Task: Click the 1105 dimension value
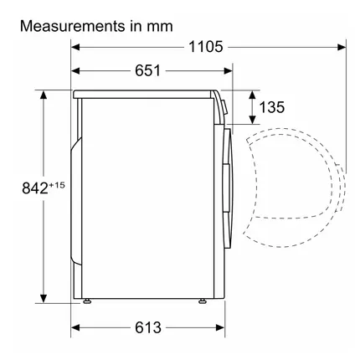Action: click(x=206, y=47)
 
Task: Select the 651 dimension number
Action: click(x=148, y=70)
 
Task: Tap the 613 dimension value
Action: click(x=148, y=327)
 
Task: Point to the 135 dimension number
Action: click(x=272, y=107)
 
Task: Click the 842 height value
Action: click(x=35, y=188)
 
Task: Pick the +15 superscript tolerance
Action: click(x=57, y=185)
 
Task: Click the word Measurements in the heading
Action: click(x=73, y=26)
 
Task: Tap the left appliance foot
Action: click(x=87, y=301)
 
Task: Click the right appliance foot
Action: click(x=202, y=301)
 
